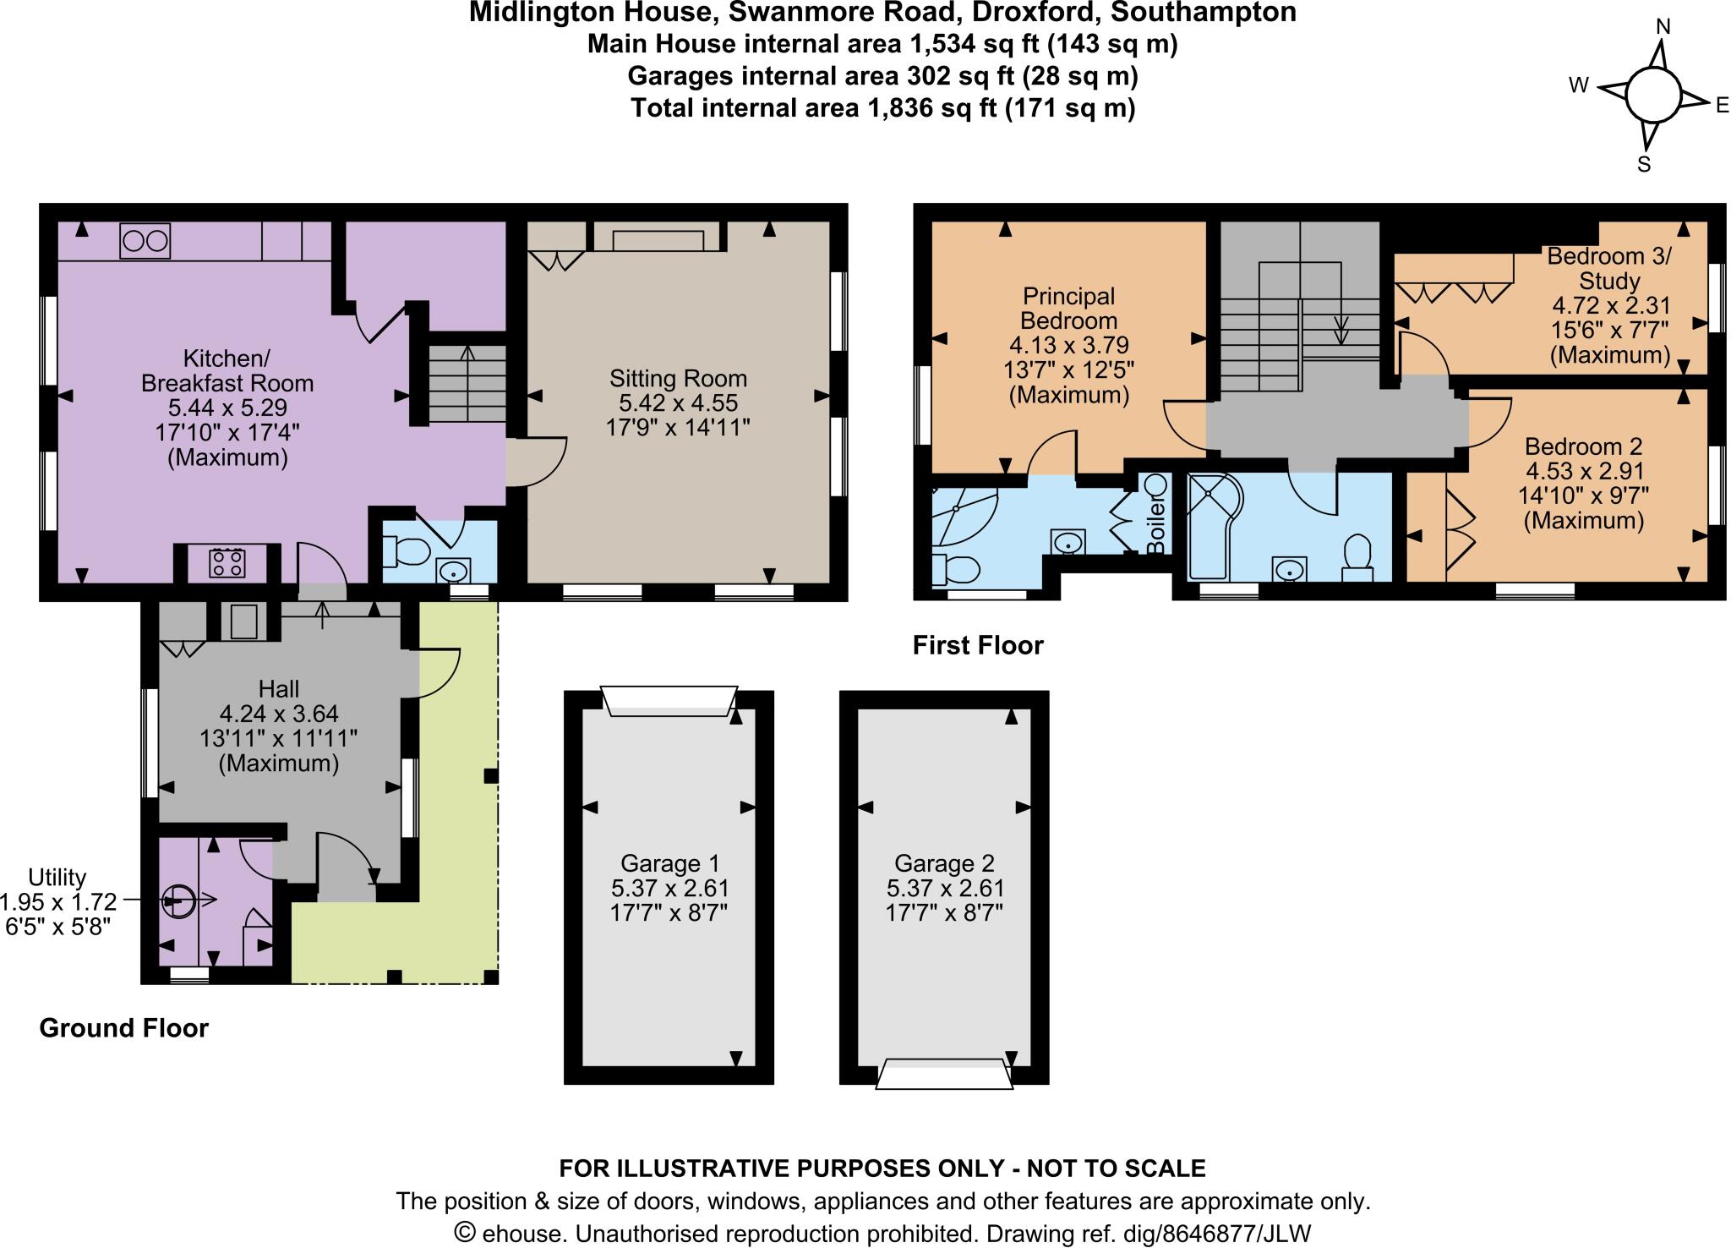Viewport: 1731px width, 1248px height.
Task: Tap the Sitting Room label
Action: tap(678, 378)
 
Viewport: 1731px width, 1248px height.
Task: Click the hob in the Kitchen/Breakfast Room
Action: tap(227, 562)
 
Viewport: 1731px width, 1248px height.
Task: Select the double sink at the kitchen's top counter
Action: tap(145, 241)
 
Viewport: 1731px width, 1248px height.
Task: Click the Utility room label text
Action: tap(57, 877)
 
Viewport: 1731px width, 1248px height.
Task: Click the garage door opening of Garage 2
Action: tap(944, 1076)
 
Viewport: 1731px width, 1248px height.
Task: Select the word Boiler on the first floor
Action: tap(1156, 524)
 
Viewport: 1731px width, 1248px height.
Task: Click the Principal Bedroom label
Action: tap(1068, 309)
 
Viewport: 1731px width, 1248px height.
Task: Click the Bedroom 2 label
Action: tap(1582, 446)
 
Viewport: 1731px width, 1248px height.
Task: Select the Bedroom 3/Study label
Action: tap(1608, 268)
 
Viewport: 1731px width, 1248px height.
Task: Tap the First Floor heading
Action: tap(978, 646)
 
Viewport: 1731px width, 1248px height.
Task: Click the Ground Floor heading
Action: tap(123, 1028)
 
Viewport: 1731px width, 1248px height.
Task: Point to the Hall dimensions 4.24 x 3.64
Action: tap(279, 714)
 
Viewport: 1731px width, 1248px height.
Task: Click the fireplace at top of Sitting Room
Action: tap(658, 238)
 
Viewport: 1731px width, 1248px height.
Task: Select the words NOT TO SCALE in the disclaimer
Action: tap(1116, 1169)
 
